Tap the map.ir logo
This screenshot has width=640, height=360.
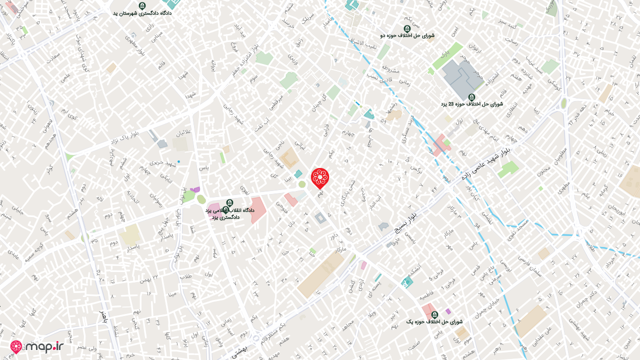[x=37, y=346]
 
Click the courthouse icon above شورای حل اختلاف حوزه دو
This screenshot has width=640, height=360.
[x=407, y=28]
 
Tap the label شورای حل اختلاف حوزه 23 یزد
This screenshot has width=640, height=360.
[x=471, y=104]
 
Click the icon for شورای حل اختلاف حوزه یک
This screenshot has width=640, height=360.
[x=434, y=314]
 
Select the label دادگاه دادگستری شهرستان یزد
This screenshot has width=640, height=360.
[x=142, y=13]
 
